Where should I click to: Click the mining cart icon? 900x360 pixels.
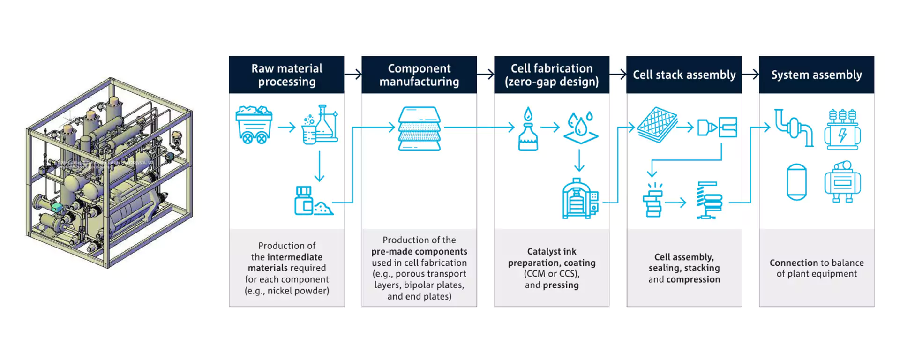(254, 125)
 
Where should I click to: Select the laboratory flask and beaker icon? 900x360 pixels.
(321, 125)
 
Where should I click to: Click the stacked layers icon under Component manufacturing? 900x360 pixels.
(420, 128)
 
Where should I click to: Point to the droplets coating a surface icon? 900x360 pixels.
(580, 127)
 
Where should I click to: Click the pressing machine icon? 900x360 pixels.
(580, 199)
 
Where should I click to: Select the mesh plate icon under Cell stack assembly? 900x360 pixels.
(657, 125)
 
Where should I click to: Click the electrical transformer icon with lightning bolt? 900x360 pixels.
(842, 129)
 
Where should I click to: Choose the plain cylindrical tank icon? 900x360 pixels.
(796, 182)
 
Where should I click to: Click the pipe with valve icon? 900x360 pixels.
(794, 127)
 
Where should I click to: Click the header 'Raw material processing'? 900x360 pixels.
(286, 75)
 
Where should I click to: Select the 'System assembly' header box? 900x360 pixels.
(816, 75)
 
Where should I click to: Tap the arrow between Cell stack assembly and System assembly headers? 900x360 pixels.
(750, 74)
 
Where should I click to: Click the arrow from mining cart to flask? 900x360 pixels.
(286, 127)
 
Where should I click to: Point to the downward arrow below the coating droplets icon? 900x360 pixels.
(579, 161)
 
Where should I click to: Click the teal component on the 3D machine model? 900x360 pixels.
(57, 207)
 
